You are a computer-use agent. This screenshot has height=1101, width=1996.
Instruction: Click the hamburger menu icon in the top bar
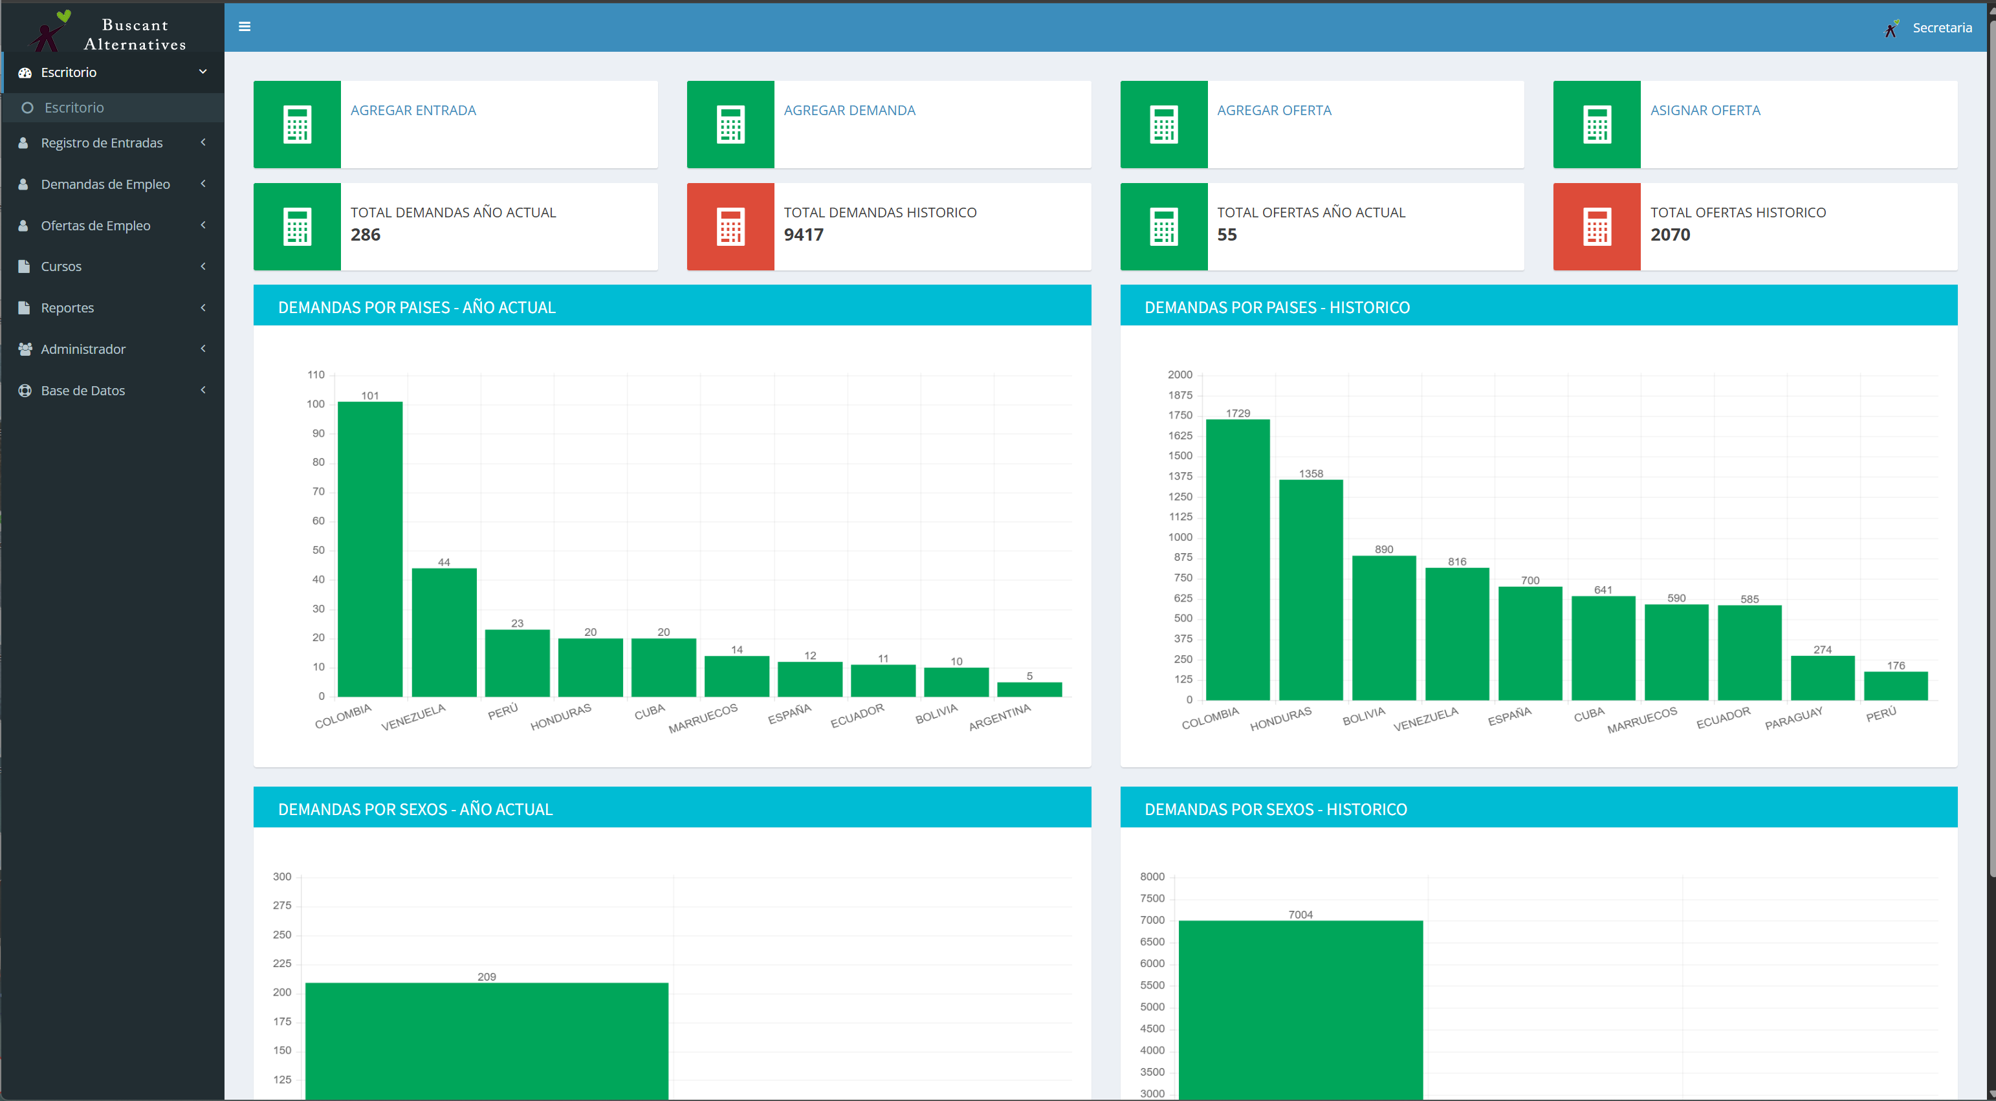click(x=245, y=27)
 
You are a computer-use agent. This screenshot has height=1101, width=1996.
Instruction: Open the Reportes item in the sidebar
click(x=67, y=308)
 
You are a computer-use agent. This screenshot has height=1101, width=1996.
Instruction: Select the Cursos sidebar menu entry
click(x=61, y=267)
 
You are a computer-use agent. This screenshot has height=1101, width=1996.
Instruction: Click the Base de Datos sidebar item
click(x=83, y=391)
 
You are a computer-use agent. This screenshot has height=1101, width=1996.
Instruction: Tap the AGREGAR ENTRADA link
click(x=413, y=110)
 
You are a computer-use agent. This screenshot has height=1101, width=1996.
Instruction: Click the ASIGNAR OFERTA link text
click(x=1705, y=110)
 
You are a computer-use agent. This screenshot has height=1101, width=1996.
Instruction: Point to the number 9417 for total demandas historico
click(x=804, y=235)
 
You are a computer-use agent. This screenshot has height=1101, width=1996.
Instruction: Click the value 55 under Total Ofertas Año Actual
click(x=1227, y=235)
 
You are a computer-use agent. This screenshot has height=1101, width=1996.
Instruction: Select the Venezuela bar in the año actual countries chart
click(x=444, y=632)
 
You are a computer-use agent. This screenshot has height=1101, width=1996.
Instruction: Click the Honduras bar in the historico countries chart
click(x=1311, y=589)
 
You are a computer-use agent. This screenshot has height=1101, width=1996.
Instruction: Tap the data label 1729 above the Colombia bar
click(x=1238, y=413)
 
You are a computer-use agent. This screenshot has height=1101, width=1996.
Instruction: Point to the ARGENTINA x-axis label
click(x=1000, y=717)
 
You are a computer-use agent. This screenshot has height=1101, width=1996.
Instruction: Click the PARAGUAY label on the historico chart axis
click(x=1793, y=718)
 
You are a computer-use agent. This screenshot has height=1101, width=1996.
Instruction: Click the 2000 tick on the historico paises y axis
click(x=1180, y=375)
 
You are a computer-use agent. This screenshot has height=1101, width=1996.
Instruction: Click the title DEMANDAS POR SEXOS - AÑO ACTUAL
click(x=415, y=809)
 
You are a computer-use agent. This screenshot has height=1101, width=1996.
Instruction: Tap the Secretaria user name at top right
click(x=1942, y=28)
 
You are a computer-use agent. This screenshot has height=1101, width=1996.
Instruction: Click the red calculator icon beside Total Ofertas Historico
click(x=1596, y=227)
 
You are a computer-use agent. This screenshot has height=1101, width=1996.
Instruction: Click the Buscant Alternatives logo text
click(x=135, y=35)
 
